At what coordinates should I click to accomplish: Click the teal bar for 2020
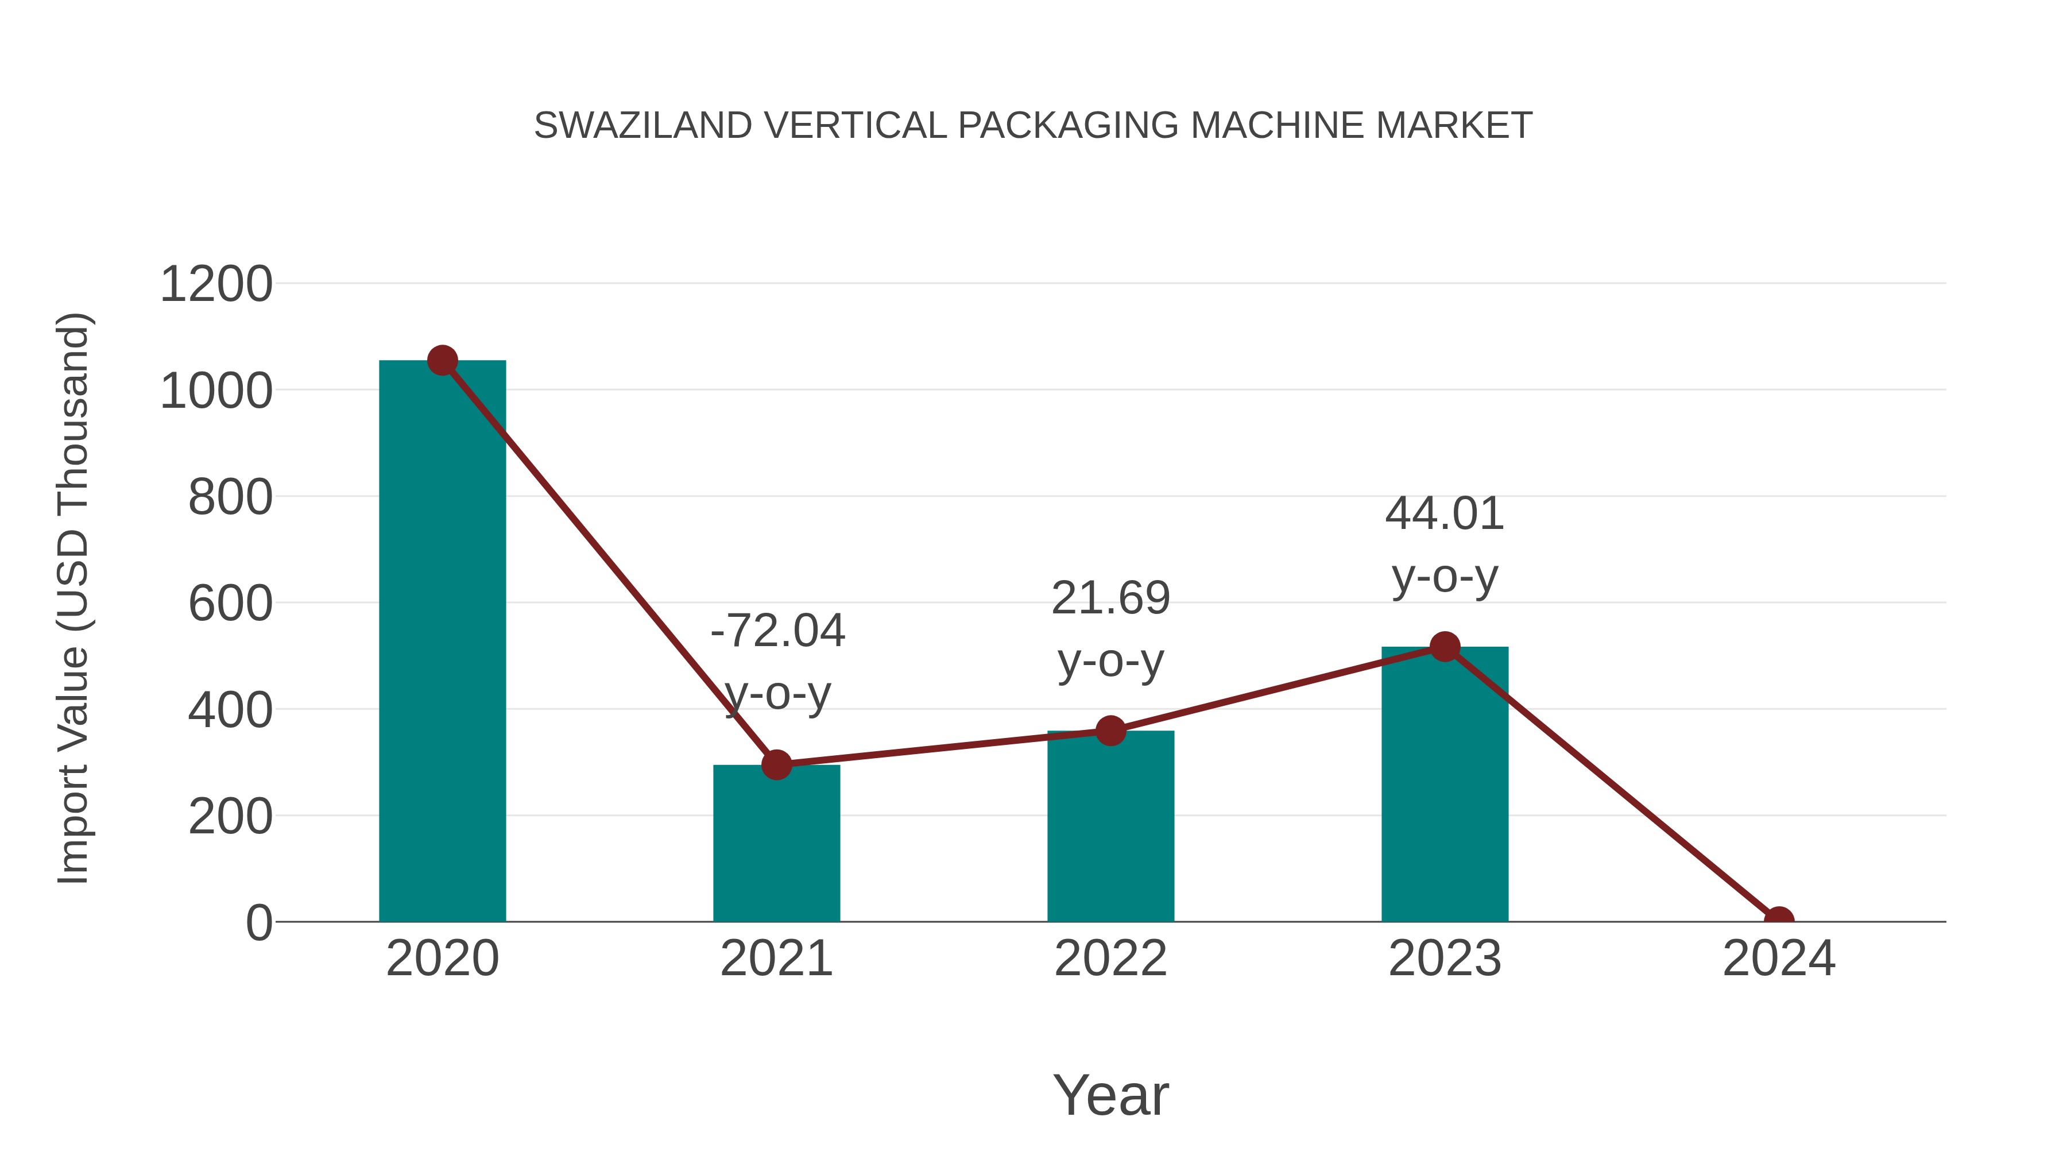(x=442, y=642)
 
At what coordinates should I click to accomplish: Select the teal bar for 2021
(x=776, y=843)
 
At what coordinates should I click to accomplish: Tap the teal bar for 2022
(x=1110, y=826)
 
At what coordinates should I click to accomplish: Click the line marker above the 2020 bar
(x=442, y=361)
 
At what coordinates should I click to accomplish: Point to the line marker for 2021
(x=776, y=765)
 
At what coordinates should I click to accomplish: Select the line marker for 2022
(x=1110, y=731)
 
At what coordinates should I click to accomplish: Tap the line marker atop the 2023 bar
(x=1445, y=647)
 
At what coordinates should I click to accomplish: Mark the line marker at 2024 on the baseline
(x=1779, y=920)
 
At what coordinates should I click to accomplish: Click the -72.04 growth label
(x=777, y=631)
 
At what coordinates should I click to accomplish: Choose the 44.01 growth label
(x=1445, y=513)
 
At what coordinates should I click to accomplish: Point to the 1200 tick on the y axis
(x=216, y=285)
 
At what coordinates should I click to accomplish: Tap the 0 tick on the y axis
(x=258, y=923)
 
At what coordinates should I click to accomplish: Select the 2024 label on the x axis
(x=1779, y=959)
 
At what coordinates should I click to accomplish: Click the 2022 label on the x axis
(x=1110, y=959)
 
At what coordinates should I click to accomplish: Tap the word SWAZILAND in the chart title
(x=642, y=126)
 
